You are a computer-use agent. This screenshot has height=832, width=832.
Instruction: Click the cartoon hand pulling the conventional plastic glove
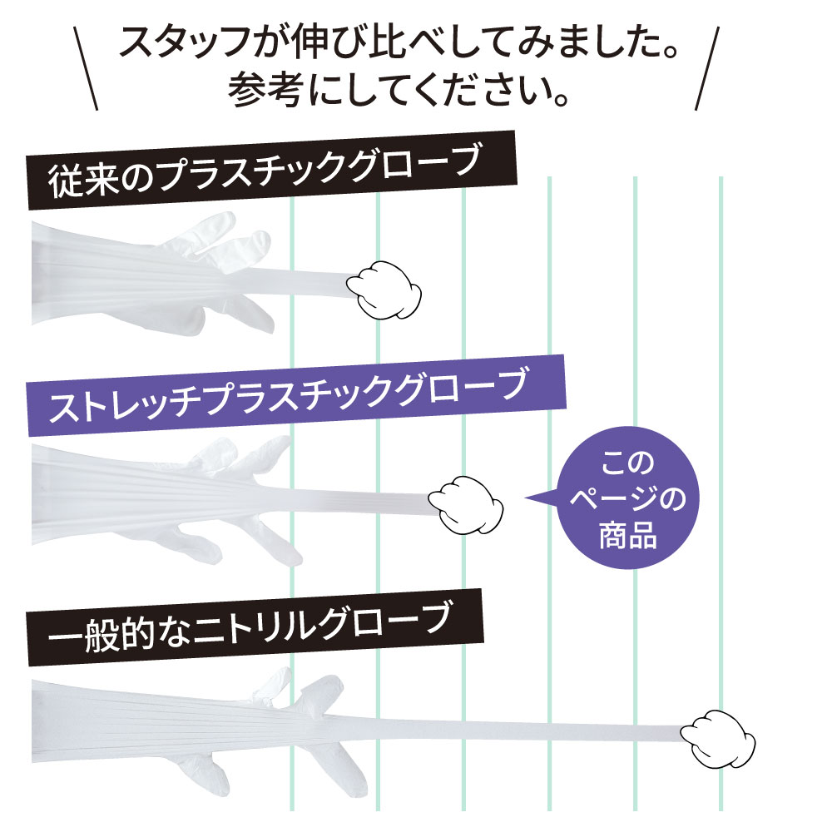click(x=384, y=290)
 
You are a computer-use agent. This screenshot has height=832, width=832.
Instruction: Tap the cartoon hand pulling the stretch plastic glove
click(x=465, y=505)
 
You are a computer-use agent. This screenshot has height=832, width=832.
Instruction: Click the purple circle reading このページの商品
click(x=628, y=498)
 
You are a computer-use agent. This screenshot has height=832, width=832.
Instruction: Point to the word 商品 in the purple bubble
click(x=628, y=535)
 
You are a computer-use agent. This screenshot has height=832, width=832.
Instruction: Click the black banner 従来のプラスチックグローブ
click(x=272, y=170)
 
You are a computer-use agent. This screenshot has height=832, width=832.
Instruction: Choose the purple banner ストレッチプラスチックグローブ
click(x=296, y=395)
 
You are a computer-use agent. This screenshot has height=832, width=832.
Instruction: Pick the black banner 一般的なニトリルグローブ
click(x=255, y=626)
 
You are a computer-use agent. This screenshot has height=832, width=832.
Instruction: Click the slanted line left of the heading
click(x=86, y=69)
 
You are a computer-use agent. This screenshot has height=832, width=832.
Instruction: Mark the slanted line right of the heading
click(x=707, y=69)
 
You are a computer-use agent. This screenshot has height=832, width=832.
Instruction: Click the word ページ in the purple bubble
click(x=609, y=499)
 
